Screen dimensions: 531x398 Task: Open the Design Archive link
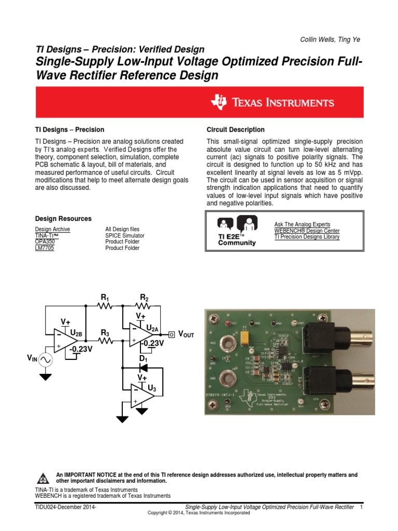coord(52,229)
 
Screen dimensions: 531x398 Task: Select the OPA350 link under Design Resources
coord(44,242)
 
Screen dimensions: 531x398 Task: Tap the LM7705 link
coord(44,248)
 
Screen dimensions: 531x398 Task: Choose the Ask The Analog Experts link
coord(302,224)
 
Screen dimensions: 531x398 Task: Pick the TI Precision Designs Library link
coord(307,236)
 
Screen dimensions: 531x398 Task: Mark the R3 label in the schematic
coord(105,332)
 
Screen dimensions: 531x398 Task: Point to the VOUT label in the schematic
coord(186,334)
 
